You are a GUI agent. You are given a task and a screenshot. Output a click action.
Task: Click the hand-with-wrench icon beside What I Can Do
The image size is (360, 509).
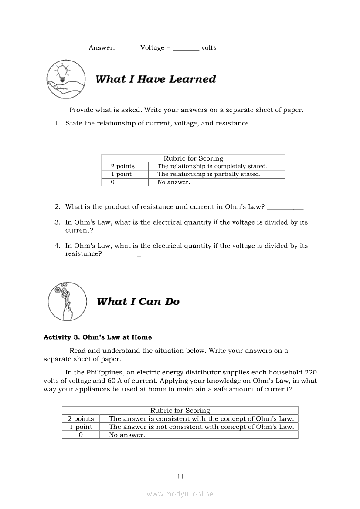point(65,301)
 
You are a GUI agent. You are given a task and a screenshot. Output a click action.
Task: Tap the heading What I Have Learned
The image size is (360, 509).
point(156,79)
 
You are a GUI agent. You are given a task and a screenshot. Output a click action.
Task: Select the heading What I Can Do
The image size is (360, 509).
point(138,302)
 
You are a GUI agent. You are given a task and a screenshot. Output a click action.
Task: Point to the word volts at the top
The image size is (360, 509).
point(209,48)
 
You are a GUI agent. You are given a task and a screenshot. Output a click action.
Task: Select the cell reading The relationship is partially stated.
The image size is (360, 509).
point(209,174)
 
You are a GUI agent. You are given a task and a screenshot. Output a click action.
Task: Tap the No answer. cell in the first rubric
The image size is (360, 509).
point(173,182)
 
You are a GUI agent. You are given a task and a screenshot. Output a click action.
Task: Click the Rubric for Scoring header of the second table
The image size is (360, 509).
point(180,411)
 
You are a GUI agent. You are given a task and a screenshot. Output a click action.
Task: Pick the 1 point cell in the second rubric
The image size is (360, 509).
point(81,427)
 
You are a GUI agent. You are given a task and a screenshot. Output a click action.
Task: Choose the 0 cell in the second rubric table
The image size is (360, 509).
point(81,435)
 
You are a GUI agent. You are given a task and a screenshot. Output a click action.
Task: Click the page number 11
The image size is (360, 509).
point(180,476)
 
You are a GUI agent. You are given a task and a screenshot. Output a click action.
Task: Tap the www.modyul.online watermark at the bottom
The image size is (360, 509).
point(180,494)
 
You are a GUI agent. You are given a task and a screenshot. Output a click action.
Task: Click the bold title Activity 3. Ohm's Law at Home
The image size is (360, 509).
point(98,337)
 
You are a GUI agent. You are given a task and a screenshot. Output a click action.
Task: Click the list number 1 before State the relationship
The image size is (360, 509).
point(57,123)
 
